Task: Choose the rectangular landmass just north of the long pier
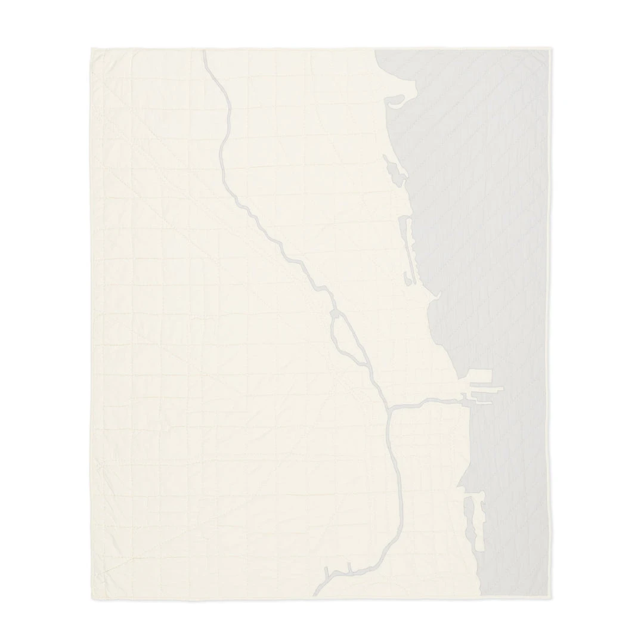pos(479,377)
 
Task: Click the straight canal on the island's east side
pos(352,338)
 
